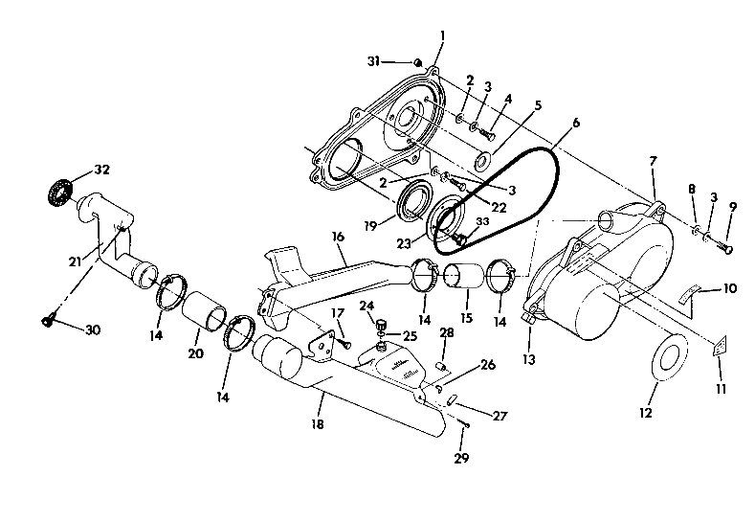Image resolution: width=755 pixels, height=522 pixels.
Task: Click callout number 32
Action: [x=100, y=170]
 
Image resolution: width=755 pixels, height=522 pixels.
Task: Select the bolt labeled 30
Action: [x=48, y=322]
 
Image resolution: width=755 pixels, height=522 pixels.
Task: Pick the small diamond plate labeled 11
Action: [x=717, y=351]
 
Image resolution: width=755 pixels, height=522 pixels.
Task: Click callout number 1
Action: [x=442, y=35]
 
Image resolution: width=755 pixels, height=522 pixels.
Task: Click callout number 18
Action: [x=317, y=422]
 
